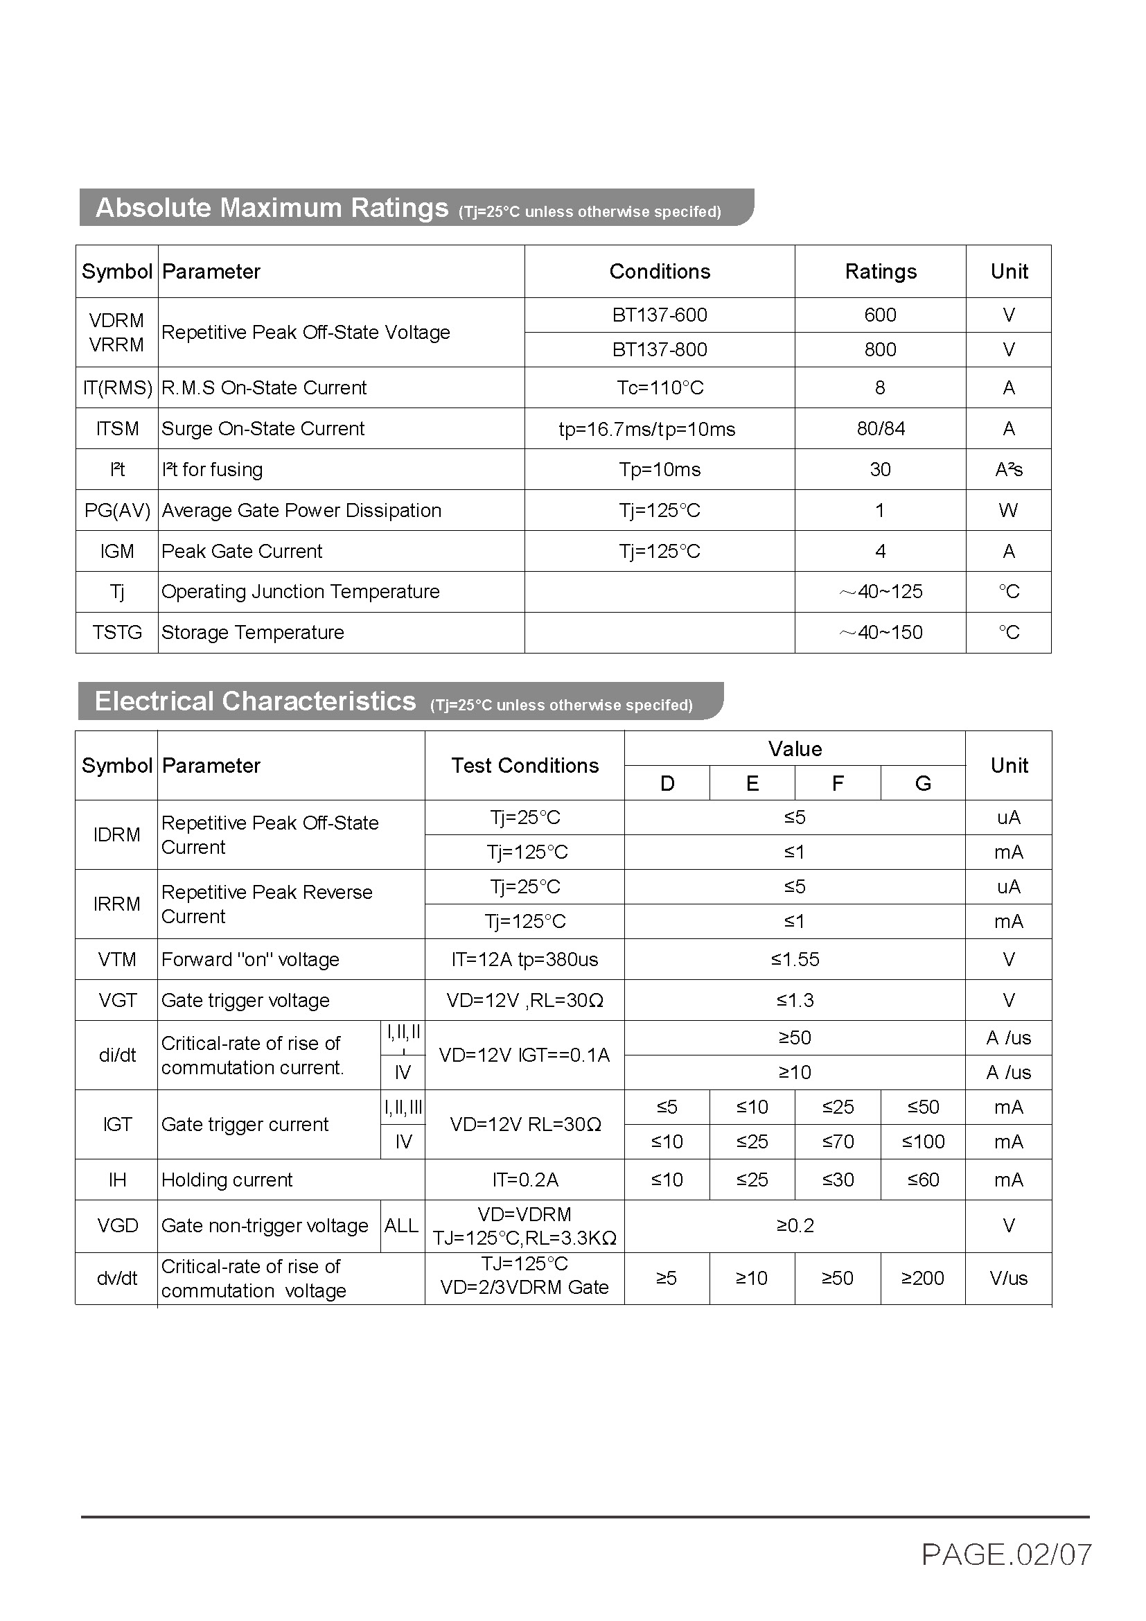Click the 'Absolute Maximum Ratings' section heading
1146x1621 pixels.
(272, 208)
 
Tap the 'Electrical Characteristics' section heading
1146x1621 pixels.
(255, 701)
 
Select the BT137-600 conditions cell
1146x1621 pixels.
(659, 315)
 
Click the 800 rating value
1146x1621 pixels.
(880, 349)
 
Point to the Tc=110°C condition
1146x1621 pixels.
(659, 387)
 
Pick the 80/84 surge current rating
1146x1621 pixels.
(880, 428)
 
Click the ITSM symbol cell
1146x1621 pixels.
(117, 428)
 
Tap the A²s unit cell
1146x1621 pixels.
(1008, 469)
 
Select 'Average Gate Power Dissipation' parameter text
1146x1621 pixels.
(301, 511)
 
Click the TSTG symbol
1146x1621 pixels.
(117, 633)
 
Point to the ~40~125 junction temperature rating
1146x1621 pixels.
(880, 592)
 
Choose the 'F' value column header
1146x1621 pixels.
(838, 783)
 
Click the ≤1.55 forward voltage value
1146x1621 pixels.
(795, 959)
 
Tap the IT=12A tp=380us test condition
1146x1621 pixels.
(524, 959)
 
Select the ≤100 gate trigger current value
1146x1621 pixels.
(923, 1141)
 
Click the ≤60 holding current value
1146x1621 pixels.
(923, 1180)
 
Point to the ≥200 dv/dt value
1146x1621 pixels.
(923, 1278)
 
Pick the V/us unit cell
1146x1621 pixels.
(1008, 1278)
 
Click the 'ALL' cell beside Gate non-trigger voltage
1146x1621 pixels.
(402, 1226)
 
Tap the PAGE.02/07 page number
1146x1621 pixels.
(1006, 1554)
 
